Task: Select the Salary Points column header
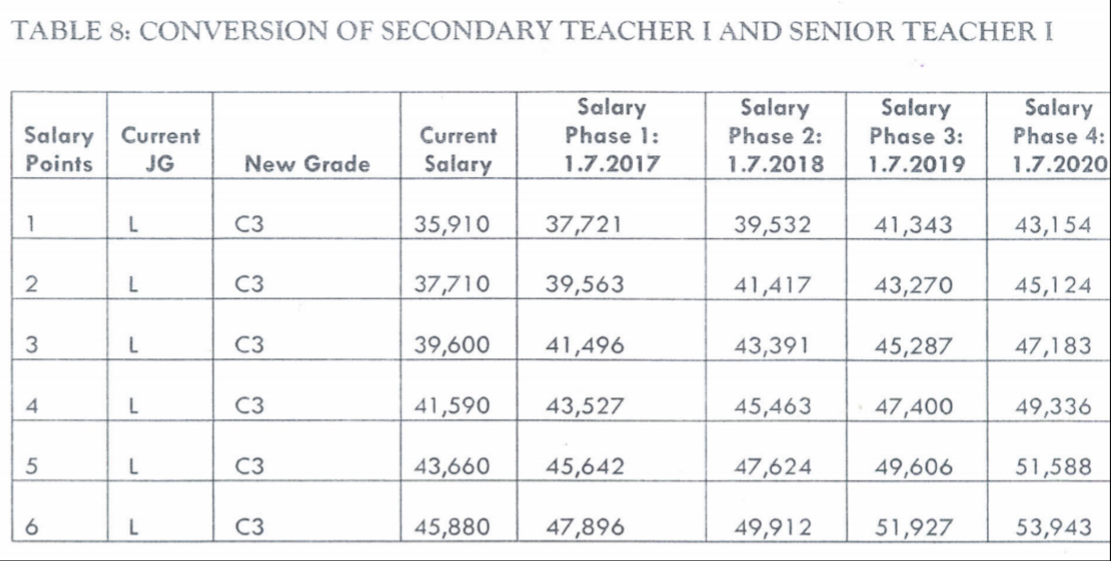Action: pyautogui.click(x=59, y=150)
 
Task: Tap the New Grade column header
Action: pyautogui.click(x=307, y=163)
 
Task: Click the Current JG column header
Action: pyautogui.click(x=160, y=150)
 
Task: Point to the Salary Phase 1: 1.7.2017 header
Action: pyautogui.click(x=612, y=136)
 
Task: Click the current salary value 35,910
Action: pyautogui.click(x=451, y=225)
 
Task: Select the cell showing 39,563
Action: pyautogui.click(x=584, y=284)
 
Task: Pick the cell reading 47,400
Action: pyautogui.click(x=913, y=407)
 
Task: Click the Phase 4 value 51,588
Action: pyautogui.click(x=1053, y=467)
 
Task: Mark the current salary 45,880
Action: pyautogui.click(x=451, y=527)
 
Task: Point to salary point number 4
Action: pyautogui.click(x=32, y=407)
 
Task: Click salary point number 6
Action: pyautogui.click(x=32, y=527)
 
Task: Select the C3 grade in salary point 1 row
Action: pyautogui.click(x=249, y=225)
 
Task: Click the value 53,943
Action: pyautogui.click(x=1053, y=527)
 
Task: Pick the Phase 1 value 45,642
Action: pyautogui.click(x=584, y=467)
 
